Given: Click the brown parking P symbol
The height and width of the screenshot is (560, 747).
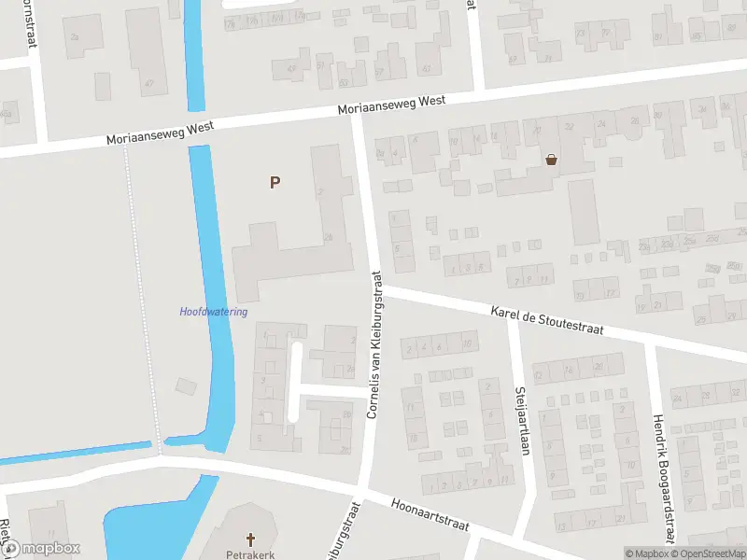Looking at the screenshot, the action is pos(275,183).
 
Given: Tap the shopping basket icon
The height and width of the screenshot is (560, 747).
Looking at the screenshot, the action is pos(552,159).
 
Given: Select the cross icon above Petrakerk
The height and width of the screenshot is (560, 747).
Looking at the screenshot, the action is pos(250,539).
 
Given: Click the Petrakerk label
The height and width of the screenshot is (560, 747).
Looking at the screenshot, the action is pos(250,553).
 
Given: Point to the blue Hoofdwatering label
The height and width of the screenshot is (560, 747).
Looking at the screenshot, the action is pos(214,312).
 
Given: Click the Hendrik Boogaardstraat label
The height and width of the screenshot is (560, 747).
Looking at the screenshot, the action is pos(662,479).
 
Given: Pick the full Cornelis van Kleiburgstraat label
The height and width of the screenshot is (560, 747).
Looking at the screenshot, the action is pos(373,344).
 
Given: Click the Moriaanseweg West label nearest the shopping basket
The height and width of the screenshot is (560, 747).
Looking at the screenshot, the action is pos(391,105).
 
